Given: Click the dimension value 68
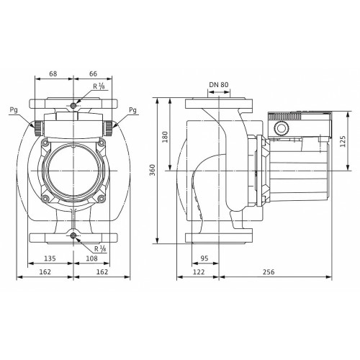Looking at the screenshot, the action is (53, 73).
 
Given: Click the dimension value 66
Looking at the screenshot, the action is (93, 73).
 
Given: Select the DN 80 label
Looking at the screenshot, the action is (219, 84).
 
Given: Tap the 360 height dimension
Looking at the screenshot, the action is (153, 170).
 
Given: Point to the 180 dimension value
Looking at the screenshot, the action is (166, 137).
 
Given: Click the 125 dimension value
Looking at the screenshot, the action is (343, 141).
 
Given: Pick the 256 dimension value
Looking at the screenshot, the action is (269, 271).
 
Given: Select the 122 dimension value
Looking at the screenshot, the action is (199, 271).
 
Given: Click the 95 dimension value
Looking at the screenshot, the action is (204, 258).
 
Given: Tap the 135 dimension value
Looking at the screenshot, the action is (50, 258).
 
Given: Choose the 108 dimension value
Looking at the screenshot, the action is (92, 258).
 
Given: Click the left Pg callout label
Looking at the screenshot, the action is (14, 110).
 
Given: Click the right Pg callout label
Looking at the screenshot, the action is (132, 110).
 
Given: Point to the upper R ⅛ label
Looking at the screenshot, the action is (99, 86).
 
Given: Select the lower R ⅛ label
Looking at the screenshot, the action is (100, 248).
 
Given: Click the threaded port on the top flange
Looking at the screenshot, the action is (73, 105).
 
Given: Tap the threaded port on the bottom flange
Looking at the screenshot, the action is (73, 236).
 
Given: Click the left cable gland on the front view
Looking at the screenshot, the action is (38, 128).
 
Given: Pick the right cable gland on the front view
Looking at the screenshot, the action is (109, 128).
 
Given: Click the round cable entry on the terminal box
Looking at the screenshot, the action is (281, 128).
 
